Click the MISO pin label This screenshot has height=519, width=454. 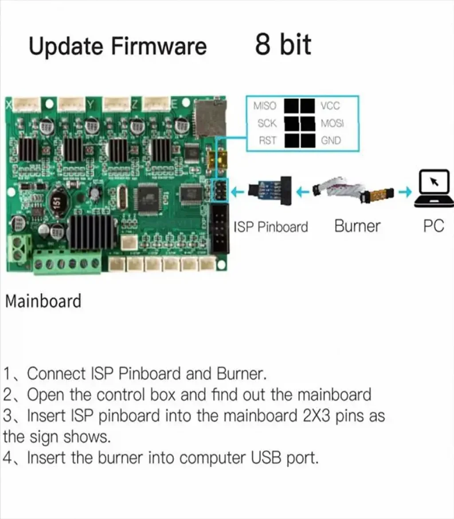264,106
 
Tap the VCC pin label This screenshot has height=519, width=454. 330,106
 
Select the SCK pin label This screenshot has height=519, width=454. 266,123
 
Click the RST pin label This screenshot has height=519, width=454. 267,141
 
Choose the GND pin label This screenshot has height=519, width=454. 331,141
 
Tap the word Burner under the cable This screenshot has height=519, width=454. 357,226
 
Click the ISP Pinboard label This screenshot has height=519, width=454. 271,227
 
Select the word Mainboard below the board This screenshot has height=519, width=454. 43,301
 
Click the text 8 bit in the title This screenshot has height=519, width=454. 283,44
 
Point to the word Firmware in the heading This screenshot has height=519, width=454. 158,46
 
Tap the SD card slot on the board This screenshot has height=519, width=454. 211,118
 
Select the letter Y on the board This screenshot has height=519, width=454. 91,105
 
